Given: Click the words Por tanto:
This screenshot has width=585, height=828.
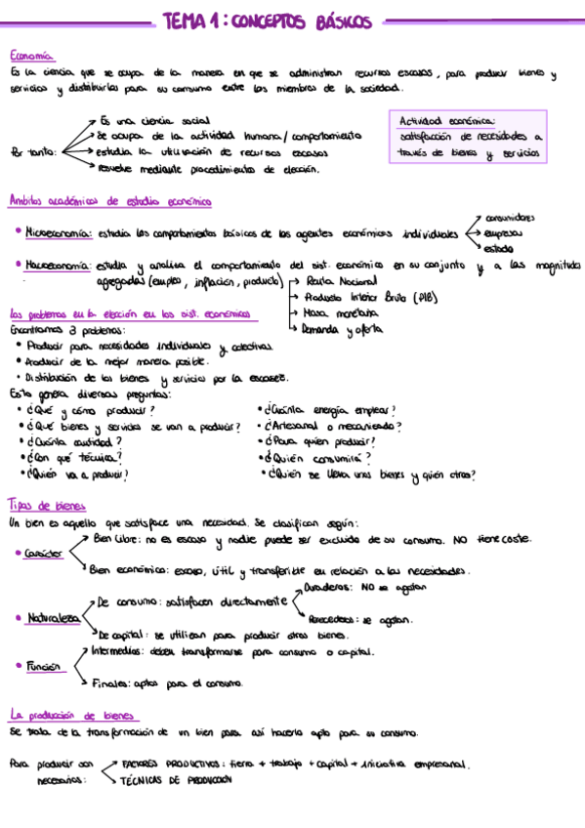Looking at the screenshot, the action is pos(32,151).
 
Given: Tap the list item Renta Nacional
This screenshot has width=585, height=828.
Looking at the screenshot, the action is pos(335,281).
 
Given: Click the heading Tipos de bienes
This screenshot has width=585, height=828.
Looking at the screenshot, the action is pos(47,506).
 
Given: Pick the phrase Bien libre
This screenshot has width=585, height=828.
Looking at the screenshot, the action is pos(114,538).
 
